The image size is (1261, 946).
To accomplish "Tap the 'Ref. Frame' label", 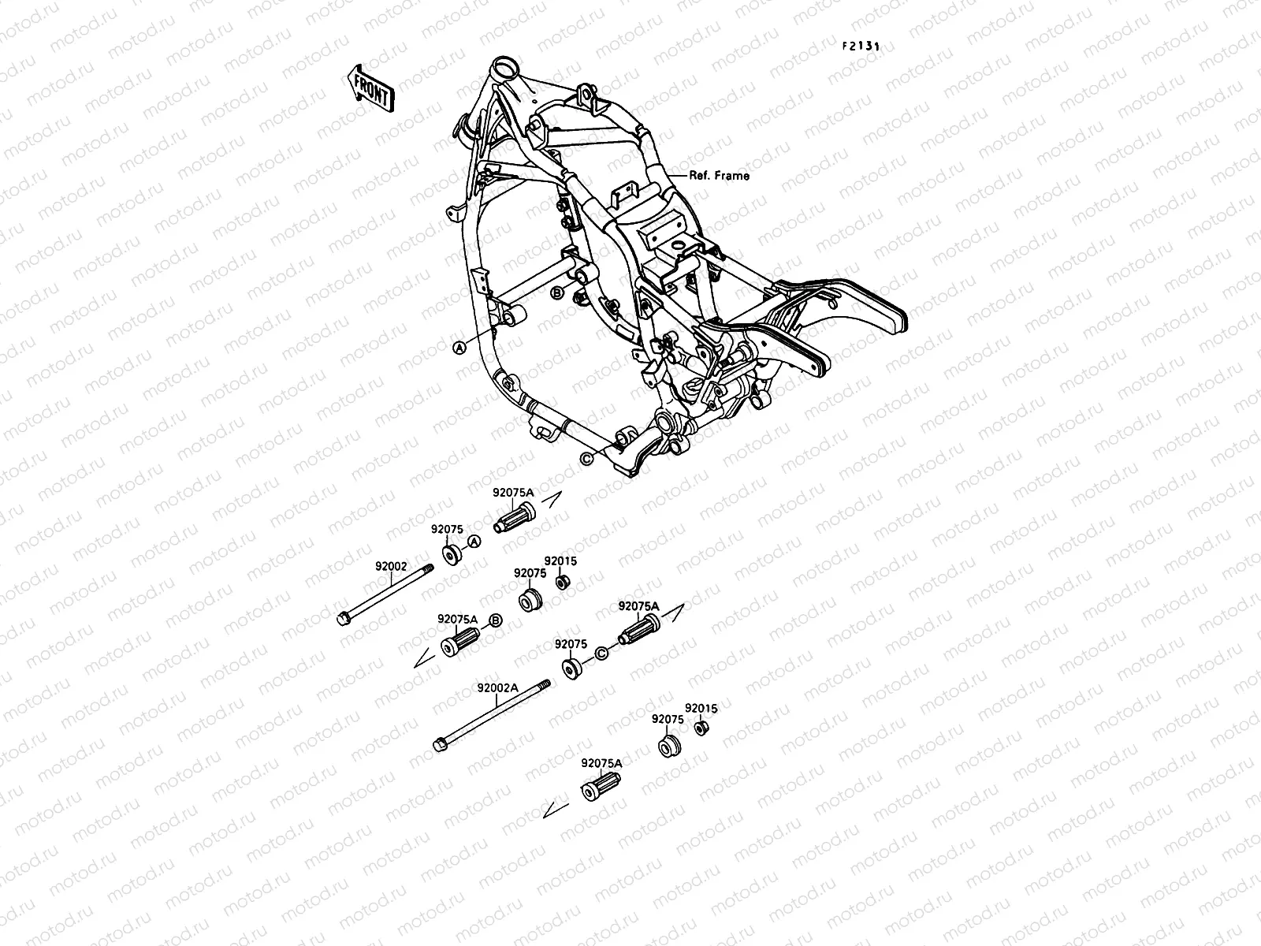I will (719, 176).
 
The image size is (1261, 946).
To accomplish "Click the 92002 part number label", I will (390, 566).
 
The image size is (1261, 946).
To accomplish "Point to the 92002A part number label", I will (497, 687).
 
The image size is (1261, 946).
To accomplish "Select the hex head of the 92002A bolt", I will (440, 743).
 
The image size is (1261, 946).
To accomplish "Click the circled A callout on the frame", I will (459, 347).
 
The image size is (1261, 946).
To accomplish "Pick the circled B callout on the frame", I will (557, 294).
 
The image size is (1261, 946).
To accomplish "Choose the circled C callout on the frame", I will (586, 459).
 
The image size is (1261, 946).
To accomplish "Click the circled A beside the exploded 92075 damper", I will (474, 542).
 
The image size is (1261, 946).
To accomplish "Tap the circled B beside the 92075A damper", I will (496, 620).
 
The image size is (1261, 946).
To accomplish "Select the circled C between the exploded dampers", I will (601, 652).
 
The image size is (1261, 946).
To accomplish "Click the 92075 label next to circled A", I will (447, 530).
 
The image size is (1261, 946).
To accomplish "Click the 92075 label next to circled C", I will (571, 644).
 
